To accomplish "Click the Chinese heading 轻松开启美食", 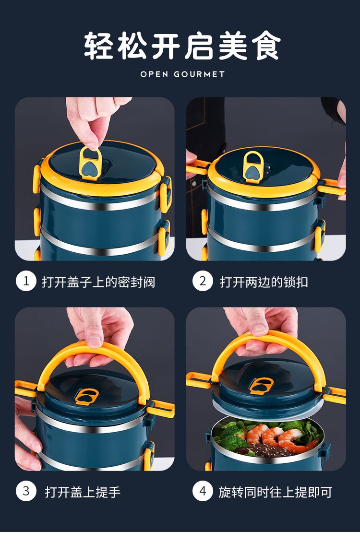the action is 182,46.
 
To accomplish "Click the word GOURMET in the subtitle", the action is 199,74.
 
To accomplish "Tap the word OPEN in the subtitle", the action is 154,74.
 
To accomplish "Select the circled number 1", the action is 26,281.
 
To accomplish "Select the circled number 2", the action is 203,281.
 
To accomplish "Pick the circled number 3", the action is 26,491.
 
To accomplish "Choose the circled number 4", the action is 203,491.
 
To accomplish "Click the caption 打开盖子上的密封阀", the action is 98,282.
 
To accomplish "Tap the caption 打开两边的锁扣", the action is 264,282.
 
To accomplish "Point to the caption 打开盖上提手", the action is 83,492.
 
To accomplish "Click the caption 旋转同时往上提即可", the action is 275,492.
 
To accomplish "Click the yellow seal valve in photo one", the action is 90,163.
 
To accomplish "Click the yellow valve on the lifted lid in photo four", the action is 260,385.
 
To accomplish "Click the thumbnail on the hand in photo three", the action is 94,341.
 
